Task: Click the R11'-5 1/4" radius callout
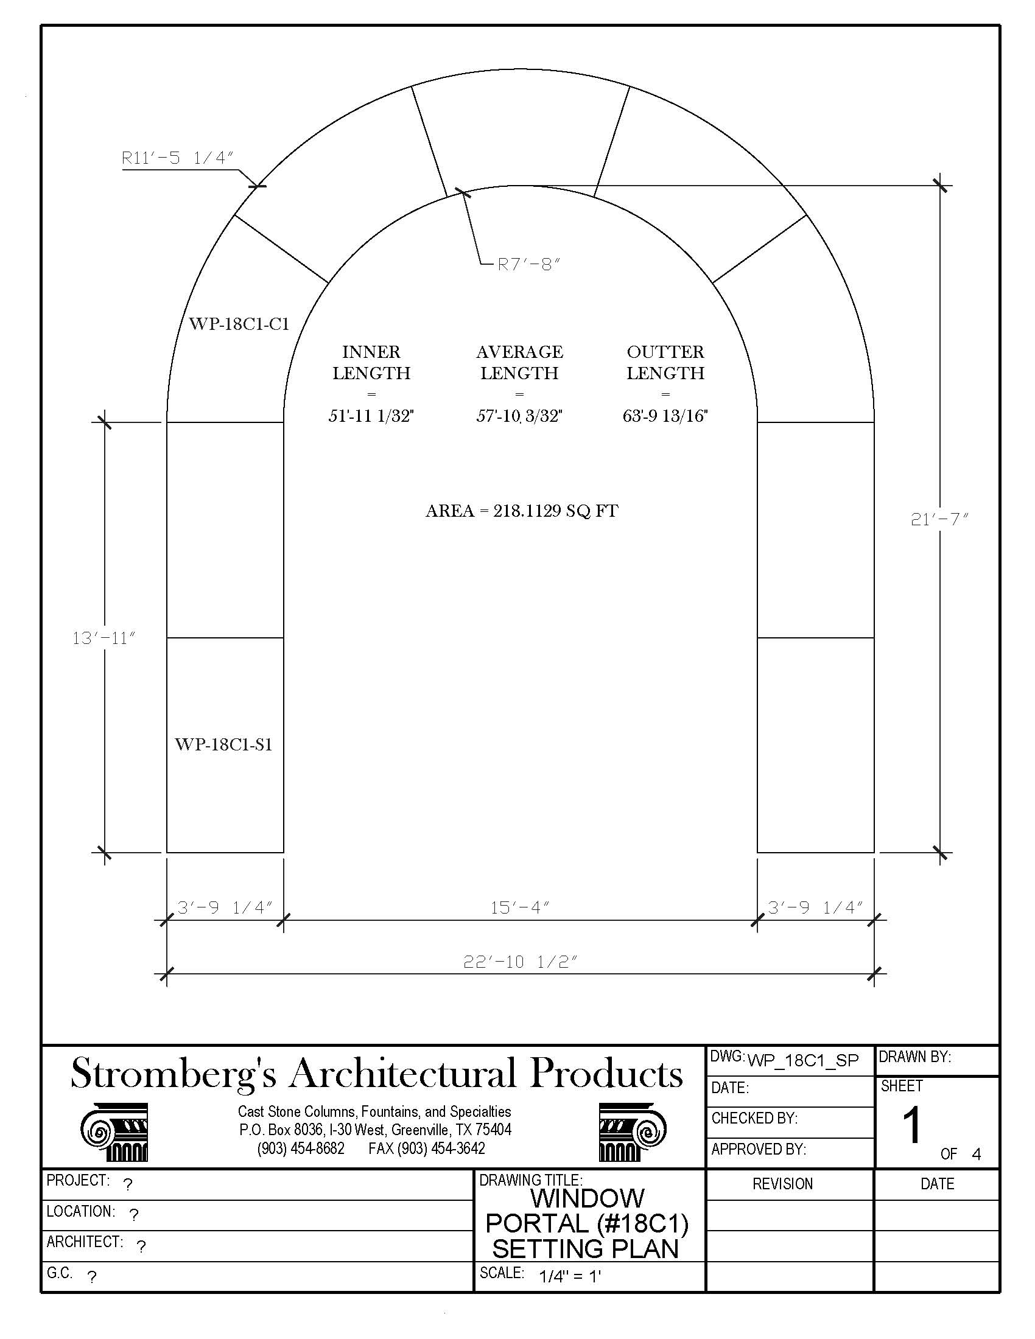click(178, 158)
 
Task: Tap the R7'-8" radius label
click(528, 264)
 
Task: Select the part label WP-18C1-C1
click(239, 324)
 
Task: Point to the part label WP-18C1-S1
click(223, 744)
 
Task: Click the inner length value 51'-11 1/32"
click(371, 416)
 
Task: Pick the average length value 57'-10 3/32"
click(519, 416)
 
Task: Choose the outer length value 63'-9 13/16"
click(665, 416)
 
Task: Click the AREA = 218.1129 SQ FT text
click(522, 511)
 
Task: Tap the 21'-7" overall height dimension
click(939, 519)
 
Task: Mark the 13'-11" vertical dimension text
click(103, 638)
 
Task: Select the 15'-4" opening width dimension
click(519, 907)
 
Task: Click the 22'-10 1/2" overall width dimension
click(520, 961)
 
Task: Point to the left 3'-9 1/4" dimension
click(225, 907)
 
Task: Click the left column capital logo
click(114, 1132)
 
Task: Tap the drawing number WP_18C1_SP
click(802, 1060)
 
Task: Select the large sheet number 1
click(912, 1125)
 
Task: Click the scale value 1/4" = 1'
click(570, 1276)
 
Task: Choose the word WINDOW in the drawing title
click(587, 1198)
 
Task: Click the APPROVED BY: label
click(759, 1150)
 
